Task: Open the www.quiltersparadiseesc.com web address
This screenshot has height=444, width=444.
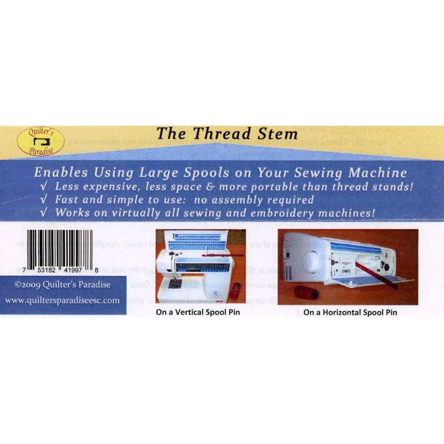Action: (x=62, y=300)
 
